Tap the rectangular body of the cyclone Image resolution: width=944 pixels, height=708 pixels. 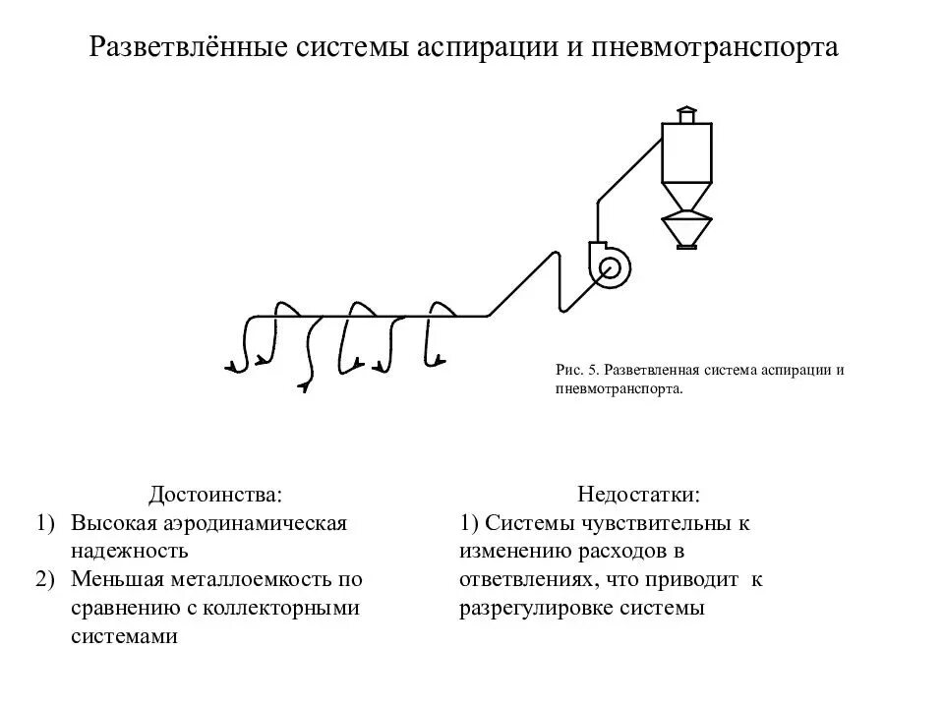pyautogui.click(x=686, y=153)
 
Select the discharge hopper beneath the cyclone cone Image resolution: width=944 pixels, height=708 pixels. pyautogui.click(x=687, y=232)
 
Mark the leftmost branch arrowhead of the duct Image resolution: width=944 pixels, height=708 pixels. pyautogui.click(x=233, y=368)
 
